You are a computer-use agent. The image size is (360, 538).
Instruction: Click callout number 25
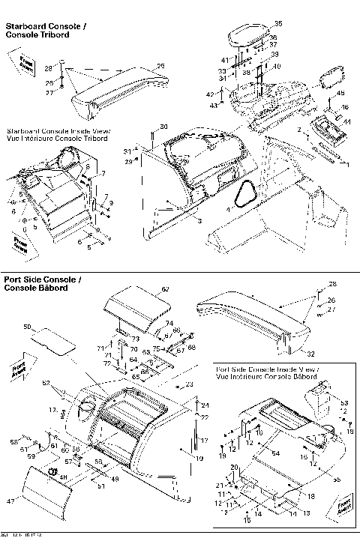[x=160, y=66]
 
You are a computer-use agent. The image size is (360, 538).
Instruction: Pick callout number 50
[x=28, y=327]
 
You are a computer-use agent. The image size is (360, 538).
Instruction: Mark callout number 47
[x=10, y=499]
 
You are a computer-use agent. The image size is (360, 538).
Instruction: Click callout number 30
[x=164, y=127]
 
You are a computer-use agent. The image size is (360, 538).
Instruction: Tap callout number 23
[x=190, y=384]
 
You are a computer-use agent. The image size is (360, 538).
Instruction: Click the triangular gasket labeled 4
[x=245, y=196]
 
